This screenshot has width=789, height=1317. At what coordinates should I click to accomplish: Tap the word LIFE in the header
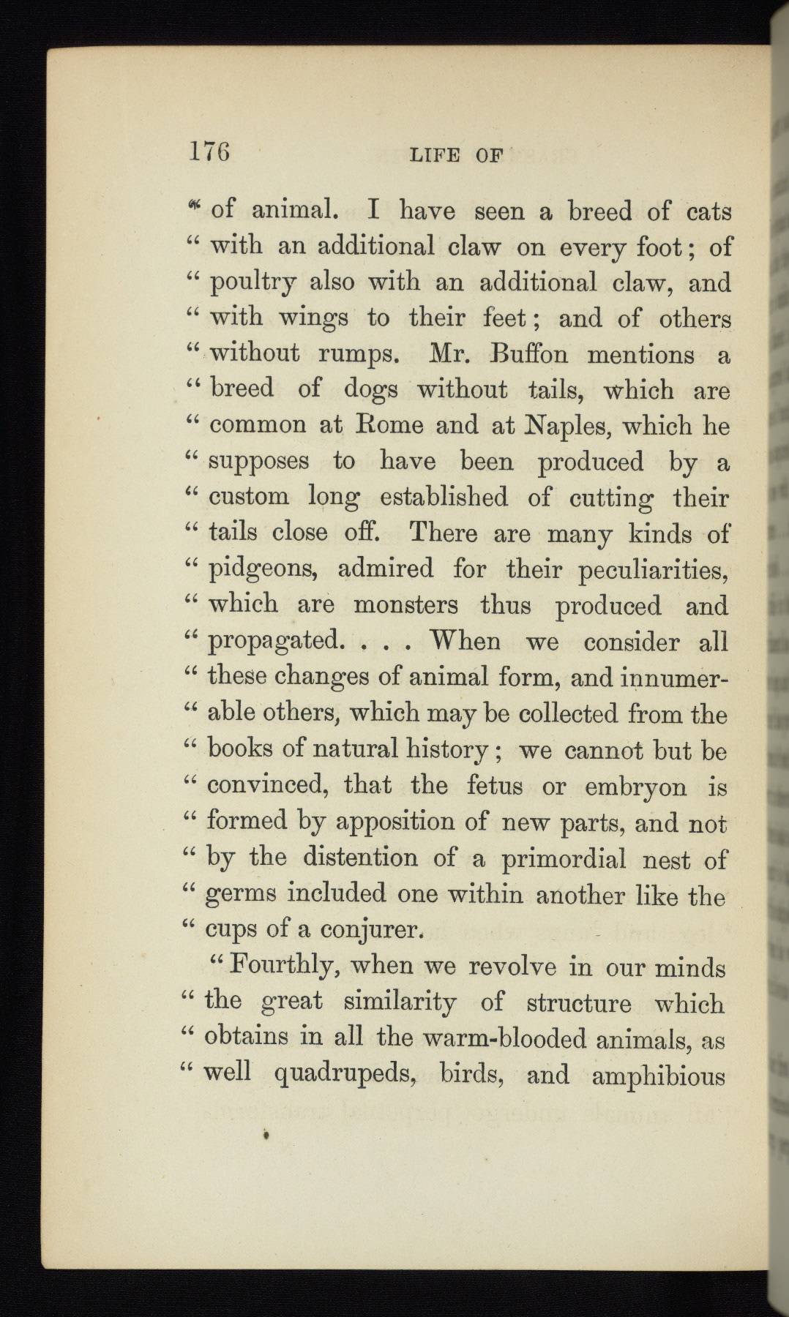click(435, 155)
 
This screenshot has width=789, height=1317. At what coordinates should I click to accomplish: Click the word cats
click(709, 211)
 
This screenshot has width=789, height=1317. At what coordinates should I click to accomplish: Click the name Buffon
click(520, 354)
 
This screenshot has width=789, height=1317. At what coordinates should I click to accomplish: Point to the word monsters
click(406, 605)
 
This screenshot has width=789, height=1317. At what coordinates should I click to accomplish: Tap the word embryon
click(635, 787)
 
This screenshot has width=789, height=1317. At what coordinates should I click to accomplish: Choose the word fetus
click(495, 786)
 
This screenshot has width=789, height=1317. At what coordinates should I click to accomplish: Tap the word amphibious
click(657, 1076)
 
